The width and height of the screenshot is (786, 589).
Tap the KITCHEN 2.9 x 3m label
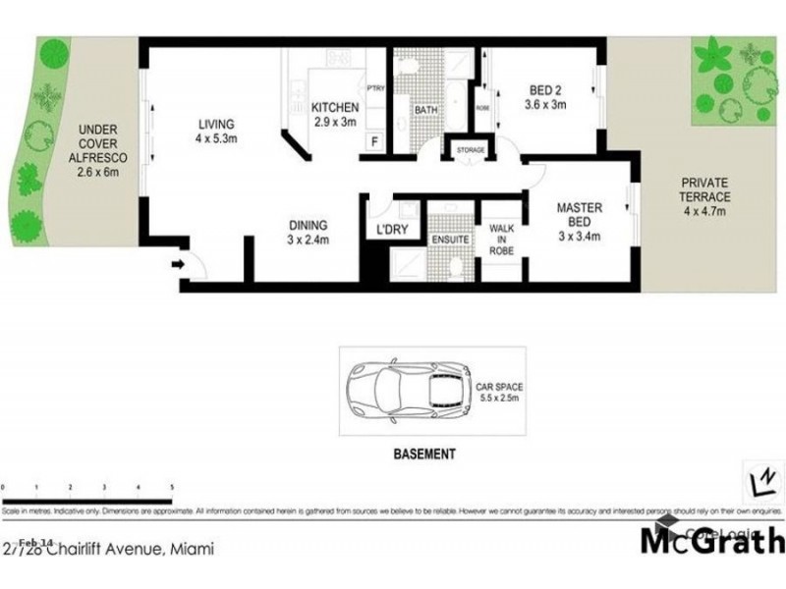(333, 115)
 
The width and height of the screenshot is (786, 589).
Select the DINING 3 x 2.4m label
(308, 231)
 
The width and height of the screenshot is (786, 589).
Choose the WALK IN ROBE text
(502, 240)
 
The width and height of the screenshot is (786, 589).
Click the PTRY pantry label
(374, 87)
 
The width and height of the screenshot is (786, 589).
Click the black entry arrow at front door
(179, 264)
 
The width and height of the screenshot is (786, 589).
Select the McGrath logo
(712, 540)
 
